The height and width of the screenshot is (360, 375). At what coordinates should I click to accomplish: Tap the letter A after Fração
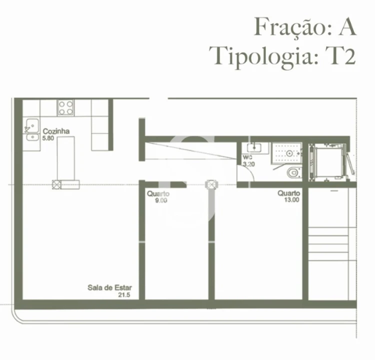click(346, 26)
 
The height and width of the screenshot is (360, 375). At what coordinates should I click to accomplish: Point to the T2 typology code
click(340, 55)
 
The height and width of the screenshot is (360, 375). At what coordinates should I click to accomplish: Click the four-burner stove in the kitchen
click(66, 107)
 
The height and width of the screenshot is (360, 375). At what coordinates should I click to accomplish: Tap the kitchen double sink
click(32, 129)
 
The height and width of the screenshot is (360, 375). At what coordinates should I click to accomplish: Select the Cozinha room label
click(55, 131)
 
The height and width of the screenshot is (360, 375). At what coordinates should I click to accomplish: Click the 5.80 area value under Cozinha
click(48, 138)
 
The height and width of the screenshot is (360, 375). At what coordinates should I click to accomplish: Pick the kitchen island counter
click(65, 158)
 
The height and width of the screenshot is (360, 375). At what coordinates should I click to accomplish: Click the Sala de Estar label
click(109, 287)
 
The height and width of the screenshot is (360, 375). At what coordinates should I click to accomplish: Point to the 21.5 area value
click(123, 295)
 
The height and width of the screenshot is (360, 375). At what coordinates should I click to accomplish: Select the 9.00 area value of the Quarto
click(161, 200)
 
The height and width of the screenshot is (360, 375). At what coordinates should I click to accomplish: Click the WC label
click(247, 157)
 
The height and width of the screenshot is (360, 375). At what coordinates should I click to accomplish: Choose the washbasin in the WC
click(254, 147)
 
